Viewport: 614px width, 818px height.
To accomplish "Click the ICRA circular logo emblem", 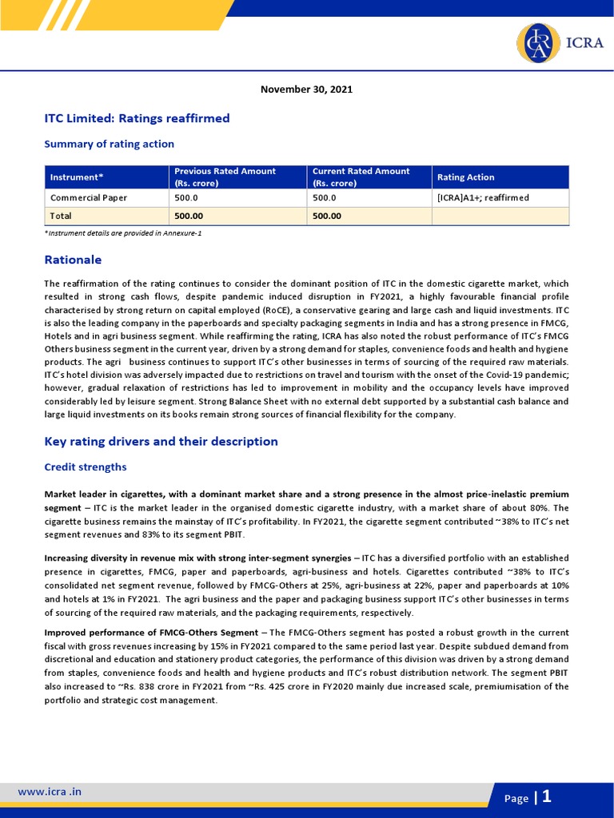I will pyautogui.click(x=540, y=44).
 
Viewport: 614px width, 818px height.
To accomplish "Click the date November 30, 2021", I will pyautogui.click(x=306, y=89).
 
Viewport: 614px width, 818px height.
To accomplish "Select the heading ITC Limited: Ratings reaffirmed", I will pyautogui.click(x=137, y=118).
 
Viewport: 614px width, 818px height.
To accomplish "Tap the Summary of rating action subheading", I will pyautogui.click(x=109, y=144).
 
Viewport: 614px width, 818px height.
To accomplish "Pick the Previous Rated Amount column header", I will pyautogui.click(x=225, y=177).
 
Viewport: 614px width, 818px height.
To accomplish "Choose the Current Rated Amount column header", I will pyautogui.click(x=361, y=177).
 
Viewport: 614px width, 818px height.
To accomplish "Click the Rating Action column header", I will pyautogui.click(x=465, y=177).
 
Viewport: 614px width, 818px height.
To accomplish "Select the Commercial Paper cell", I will pyautogui.click(x=88, y=197).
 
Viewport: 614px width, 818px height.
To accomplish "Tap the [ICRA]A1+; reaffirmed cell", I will pyautogui.click(x=483, y=197).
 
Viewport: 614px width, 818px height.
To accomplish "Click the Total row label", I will pyautogui.click(x=61, y=216).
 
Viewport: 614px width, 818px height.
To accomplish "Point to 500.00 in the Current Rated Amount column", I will pyautogui.click(x=326, y=216).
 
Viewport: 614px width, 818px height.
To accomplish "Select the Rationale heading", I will pyautogui.click(x=73, y=260).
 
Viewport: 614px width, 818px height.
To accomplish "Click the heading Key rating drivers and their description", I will pyautogui.click(x=161, y=442).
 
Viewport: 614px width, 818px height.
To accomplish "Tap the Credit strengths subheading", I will pyautogui.click(x=85, y=467).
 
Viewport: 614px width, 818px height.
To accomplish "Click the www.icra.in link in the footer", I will pyautogui.click(x=50, y=792).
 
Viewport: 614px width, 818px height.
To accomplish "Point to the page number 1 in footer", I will pyautogui.click(x=547, y=796).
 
